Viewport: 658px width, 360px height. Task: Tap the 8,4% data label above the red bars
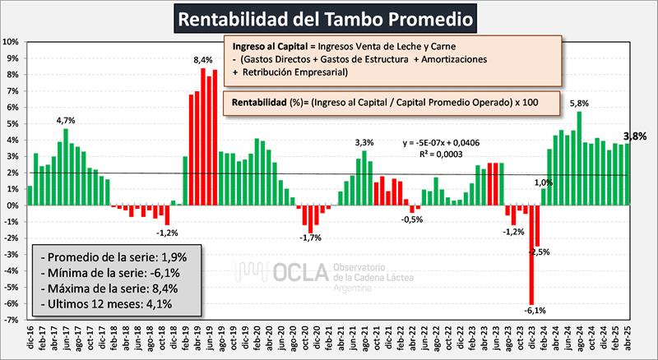203,60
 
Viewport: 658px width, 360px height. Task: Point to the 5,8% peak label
579,104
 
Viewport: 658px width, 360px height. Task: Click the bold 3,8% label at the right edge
638,136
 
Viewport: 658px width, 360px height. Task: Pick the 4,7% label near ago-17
65,120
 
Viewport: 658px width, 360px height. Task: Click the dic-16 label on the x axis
30,339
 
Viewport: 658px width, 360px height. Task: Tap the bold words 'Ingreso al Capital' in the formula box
265,46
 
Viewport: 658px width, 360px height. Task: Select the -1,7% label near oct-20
310,238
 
